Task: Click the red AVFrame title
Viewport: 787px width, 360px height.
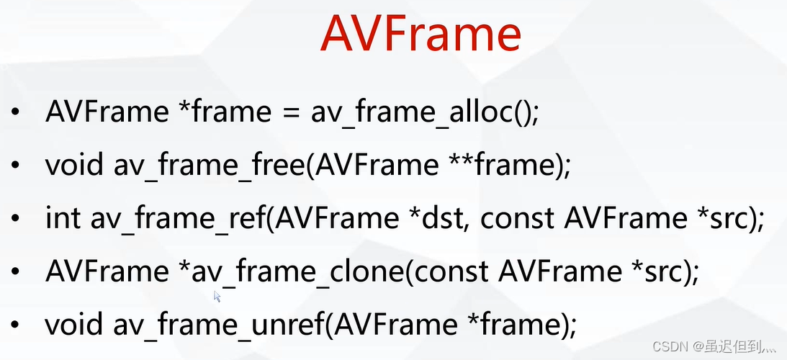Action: point(421,34)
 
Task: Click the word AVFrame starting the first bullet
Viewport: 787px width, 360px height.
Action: point(107,113)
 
